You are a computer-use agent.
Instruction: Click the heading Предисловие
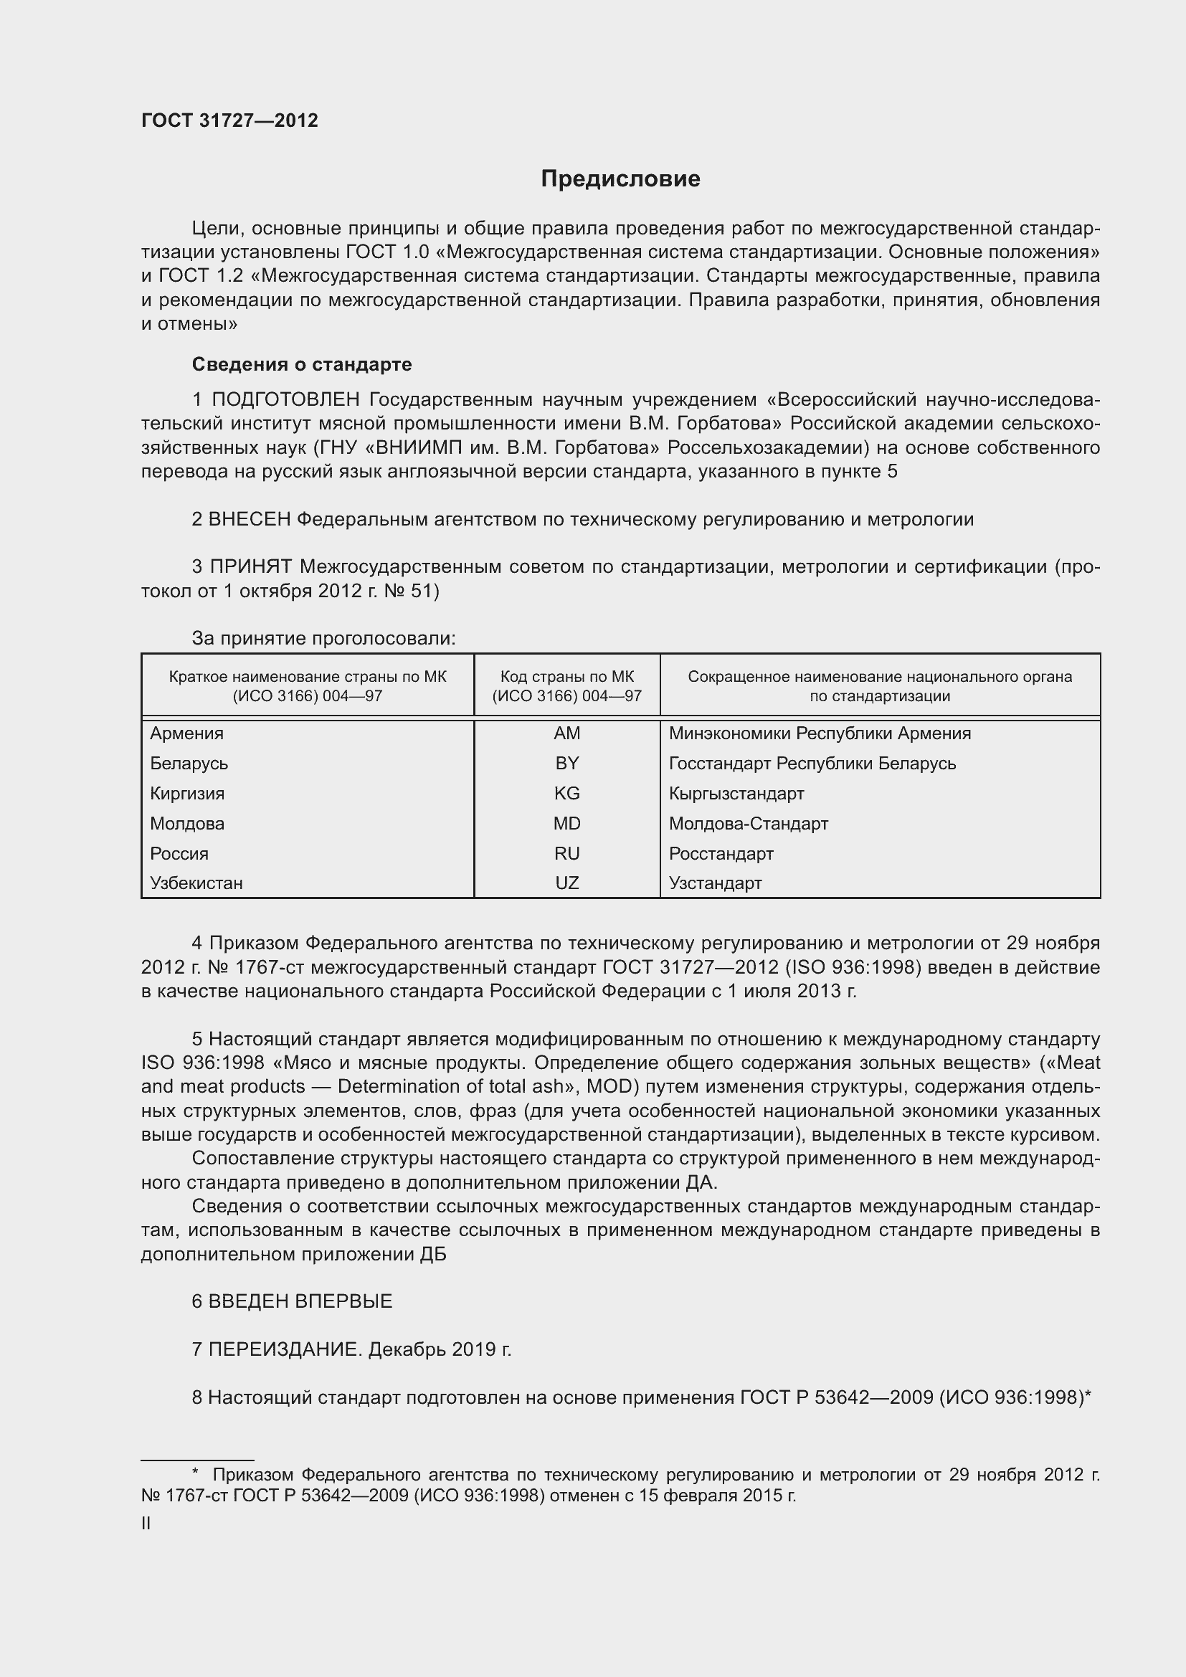620,179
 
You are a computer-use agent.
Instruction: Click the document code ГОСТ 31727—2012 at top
229,120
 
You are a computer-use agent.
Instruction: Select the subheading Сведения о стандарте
302,364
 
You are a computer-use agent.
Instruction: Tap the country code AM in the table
566,733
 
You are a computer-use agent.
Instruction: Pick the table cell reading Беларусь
189,764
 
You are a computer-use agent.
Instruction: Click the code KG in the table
566,793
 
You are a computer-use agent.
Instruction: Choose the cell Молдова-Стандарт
749,823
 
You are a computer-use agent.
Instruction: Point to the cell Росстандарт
721,853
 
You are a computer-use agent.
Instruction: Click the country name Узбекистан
196,883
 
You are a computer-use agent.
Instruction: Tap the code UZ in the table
566,883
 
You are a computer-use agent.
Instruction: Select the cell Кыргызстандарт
736,793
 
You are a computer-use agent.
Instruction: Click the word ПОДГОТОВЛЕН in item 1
285,399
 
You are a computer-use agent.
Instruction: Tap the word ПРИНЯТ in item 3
251,567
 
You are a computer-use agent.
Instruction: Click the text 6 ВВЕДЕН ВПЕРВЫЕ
292,1301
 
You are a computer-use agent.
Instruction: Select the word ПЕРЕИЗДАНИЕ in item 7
285,1349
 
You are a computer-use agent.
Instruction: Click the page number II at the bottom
146,1524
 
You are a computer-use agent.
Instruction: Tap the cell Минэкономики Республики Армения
820,733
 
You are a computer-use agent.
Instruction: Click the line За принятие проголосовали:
323,638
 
